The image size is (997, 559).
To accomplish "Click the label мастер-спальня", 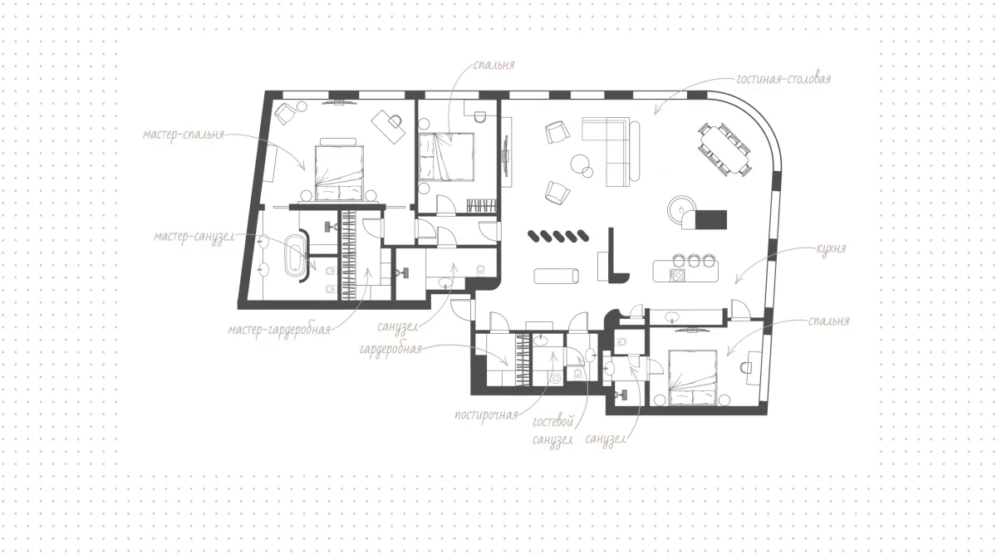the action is click(184, 135).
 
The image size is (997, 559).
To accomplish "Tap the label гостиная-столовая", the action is click(783, 79).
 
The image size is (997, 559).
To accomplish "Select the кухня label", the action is click(831, 248).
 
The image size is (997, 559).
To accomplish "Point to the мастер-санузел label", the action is click(194, 237).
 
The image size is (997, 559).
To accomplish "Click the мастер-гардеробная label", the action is click(279, 330).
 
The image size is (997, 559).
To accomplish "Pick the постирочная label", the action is click(487, 415).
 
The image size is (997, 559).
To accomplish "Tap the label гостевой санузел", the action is click(553, 430).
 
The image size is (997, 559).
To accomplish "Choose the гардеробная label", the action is click(390, 350).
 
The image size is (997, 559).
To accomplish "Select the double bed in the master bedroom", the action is click(339, 169).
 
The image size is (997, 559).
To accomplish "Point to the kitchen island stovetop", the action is click(677, 275).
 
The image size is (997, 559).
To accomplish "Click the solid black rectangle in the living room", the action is click(711, 220).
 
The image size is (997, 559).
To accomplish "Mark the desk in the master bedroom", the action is click(388, 127).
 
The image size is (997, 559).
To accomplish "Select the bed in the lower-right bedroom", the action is click(693, 377).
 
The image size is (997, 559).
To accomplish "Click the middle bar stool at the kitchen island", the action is click(694, 260).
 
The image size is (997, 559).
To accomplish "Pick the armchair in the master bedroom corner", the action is click(285, 113).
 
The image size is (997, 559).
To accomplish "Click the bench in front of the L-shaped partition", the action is click(557, 276).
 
